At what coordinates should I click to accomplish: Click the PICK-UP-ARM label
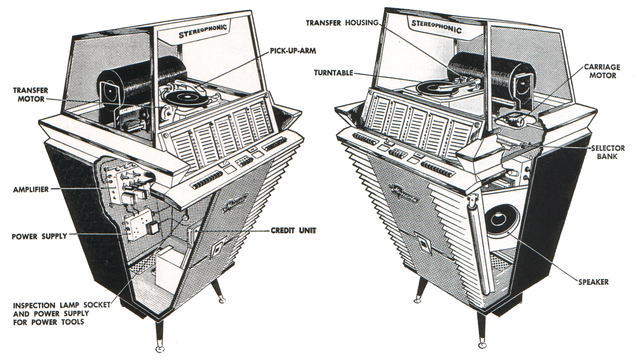pyautogui.click(x=293, y=51)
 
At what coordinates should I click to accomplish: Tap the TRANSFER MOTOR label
pyautogui.click(x=30, y=94)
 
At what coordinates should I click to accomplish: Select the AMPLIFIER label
pyautogui.click(x=31, y=189)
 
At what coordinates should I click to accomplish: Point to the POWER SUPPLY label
pyautogui.click(x=39, y=236)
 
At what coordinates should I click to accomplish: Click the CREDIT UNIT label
pyautogui.click(x=293, y=231)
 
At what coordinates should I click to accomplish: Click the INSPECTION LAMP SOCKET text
pyautogui.click(x=61, y=305)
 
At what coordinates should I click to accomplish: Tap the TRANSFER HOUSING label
pyautogui.click(x=342, y=23)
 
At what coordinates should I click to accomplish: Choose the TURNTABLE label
pyautogui.click(x=333, y=73)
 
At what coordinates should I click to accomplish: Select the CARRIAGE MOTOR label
pyautogui.click(x=602, y=71)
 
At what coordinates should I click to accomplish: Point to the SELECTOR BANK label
pyautogui.click(x=608, y=152)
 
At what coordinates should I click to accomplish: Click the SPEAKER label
pyautogui.click(x=593, y=282)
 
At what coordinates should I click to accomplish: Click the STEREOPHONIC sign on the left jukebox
pyautogui.click(x=202, y=31)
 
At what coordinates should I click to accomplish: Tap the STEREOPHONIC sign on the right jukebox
pyautogui.click(x=436, y=27)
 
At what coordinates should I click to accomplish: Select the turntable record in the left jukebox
pyautogui.click(x=185, y=98)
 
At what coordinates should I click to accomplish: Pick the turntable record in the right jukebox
pyautogui.click(x=437, y=87)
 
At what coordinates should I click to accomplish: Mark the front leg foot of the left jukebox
pyautogui.click(x=160, y=349)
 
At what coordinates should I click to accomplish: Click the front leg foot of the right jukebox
pyautogui.click(x=483, y=344)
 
